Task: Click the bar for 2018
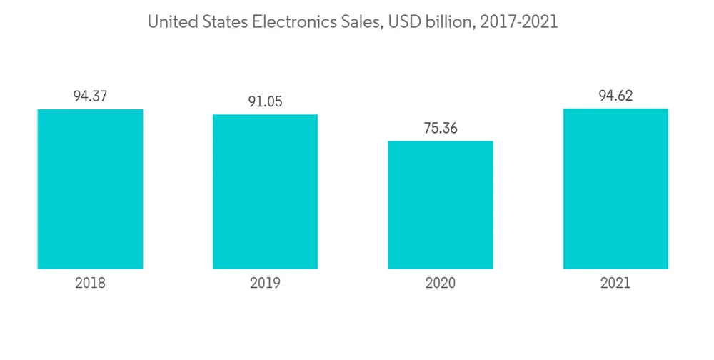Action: click(x=90, y=189)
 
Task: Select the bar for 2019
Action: click(x=265, y=191)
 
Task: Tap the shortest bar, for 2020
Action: click(x=440, y=204)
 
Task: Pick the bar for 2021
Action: click(x=615, y=189)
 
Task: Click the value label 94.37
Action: click(x=90, y=96)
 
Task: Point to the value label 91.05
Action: click(x=265, y=101)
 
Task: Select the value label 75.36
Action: click(x=440, y=128)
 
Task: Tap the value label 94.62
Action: click(x=615, y=95)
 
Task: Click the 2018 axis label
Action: click(x=90, y=283)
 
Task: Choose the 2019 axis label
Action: click(x=265, y=283)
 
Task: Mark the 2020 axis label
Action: click(x=440, y=283)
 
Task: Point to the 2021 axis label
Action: click(x=615, y=283)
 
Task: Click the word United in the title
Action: click(x=169, y=23)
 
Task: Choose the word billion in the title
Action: click(x=447, y=23)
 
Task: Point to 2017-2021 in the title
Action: click(x=518, y=23)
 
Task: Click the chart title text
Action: click(x=352, y=23)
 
